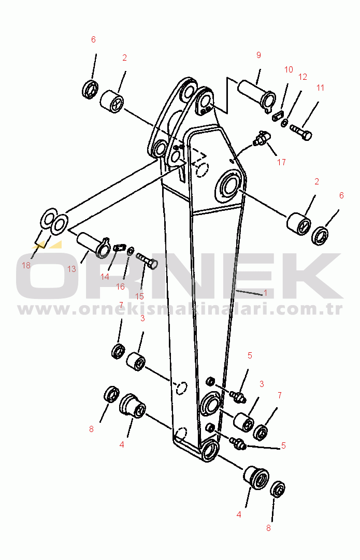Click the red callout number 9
tap(258, 55)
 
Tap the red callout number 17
tap(281, 162)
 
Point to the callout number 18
tap(26, 265)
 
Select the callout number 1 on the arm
tap(265, 293)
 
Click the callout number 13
tap(72, 269)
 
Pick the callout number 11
tap(320, 88)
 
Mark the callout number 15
tap(139, 296)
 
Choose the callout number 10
tap(289, 69)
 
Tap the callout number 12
tap(303, 77)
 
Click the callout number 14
tap(105, 277)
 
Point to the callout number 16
tap(120, 286)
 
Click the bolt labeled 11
tap(301, 132)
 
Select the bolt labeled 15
tap(147, 261)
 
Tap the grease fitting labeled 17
tap(262, 138)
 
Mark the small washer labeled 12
tap(284, 122)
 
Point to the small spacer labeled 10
tap(278, 116)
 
